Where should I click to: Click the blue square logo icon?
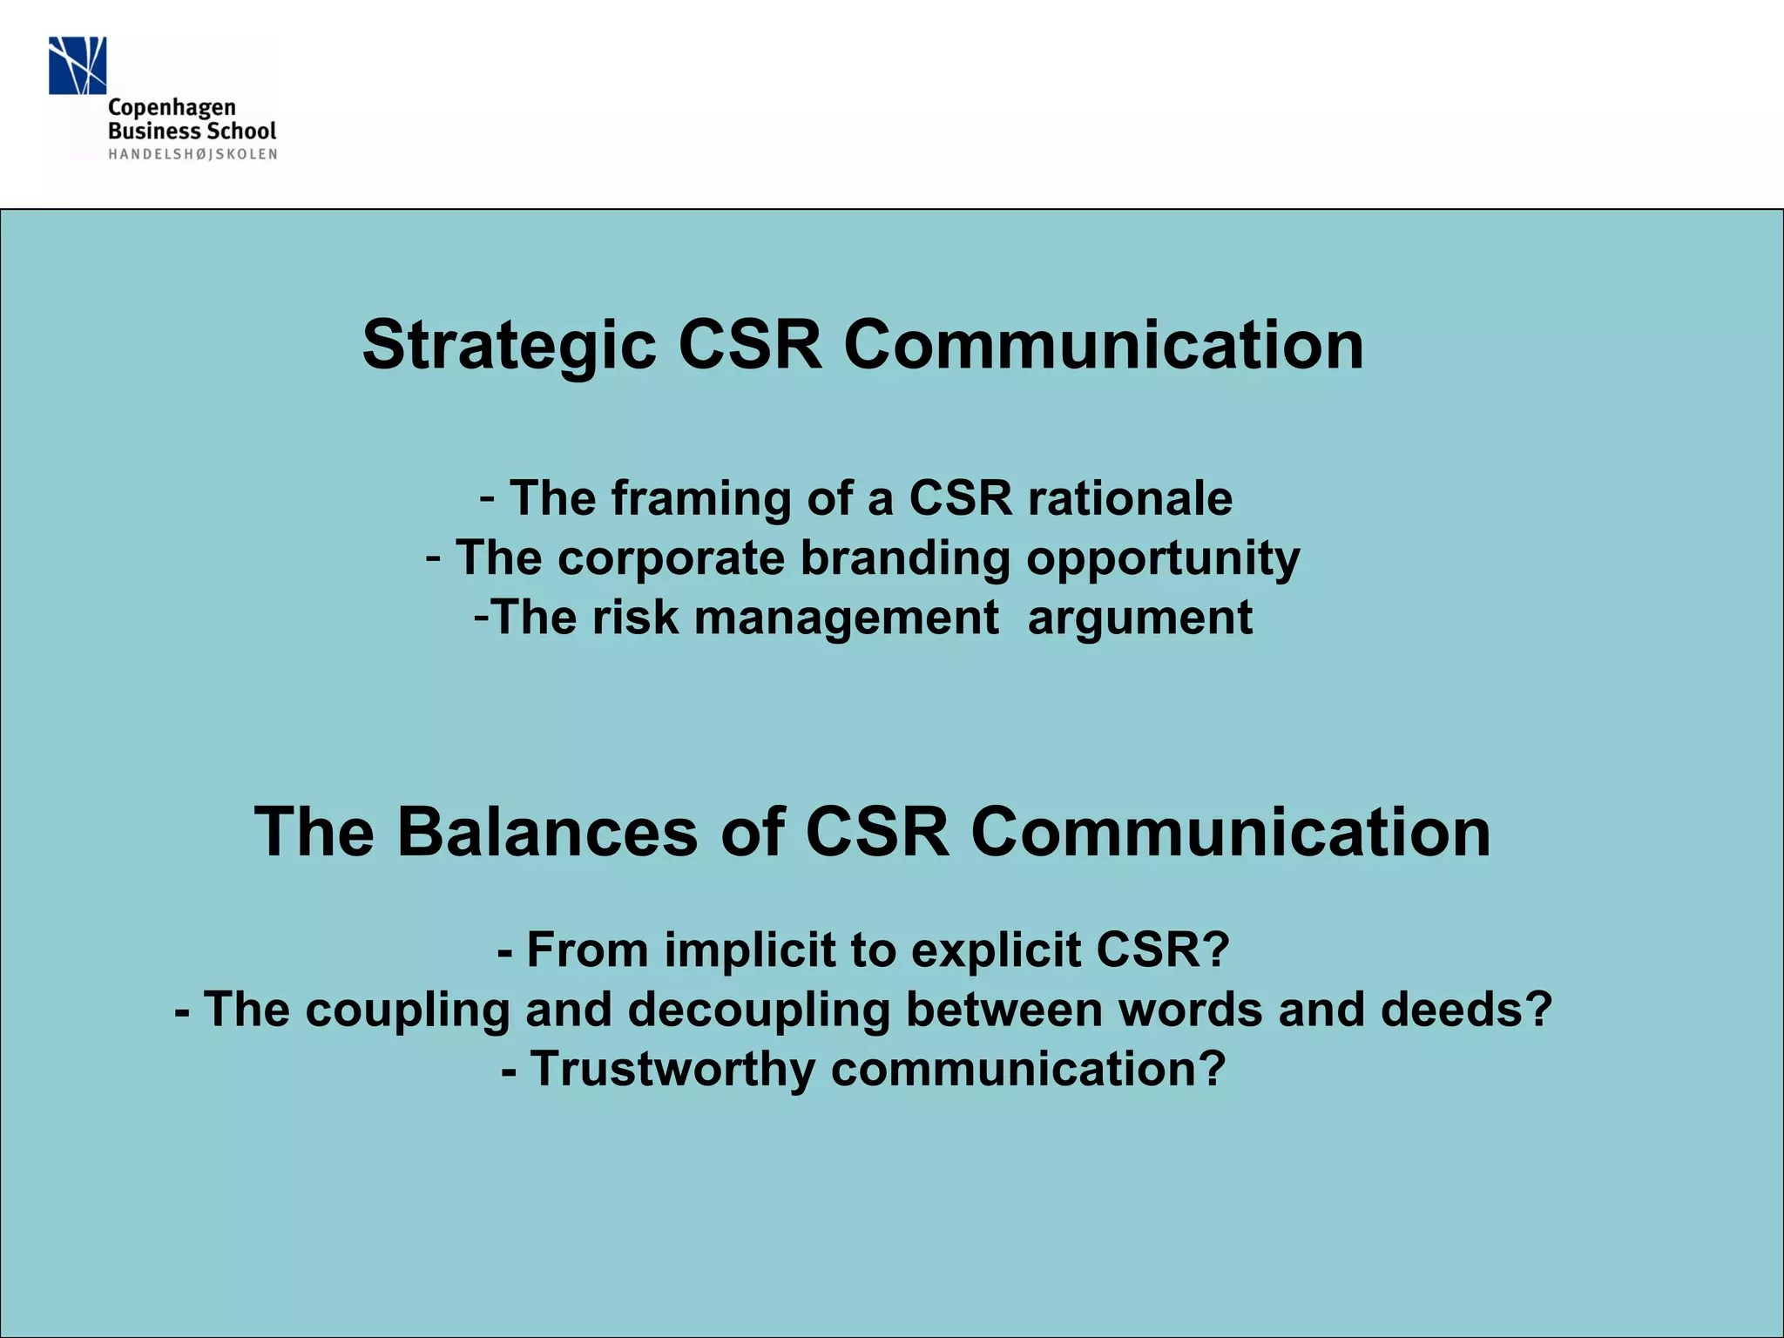pyautogui.click(x=78, y=65)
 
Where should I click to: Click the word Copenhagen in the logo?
pyautogui.click(x=172, y=109)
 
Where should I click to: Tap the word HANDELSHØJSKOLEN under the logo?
pyautogui.click(x=193, y=154)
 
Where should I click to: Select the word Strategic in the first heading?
pyautogui.click(x=509, y=345)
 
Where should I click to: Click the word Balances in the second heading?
pyautogui.click(x=547, y=832)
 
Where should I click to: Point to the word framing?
pyautogui.click(x=701, y=498)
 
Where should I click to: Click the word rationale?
pyautogui.click(x=1130, y=498)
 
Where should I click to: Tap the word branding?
pyautogui.click(x=905, y=557)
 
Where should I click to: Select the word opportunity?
pyautogui.click(x=1163, y=559)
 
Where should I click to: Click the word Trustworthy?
pyautogui.click(x=672, y=1070)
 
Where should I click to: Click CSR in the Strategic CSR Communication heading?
pyautogui.click(x=749, y=345)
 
